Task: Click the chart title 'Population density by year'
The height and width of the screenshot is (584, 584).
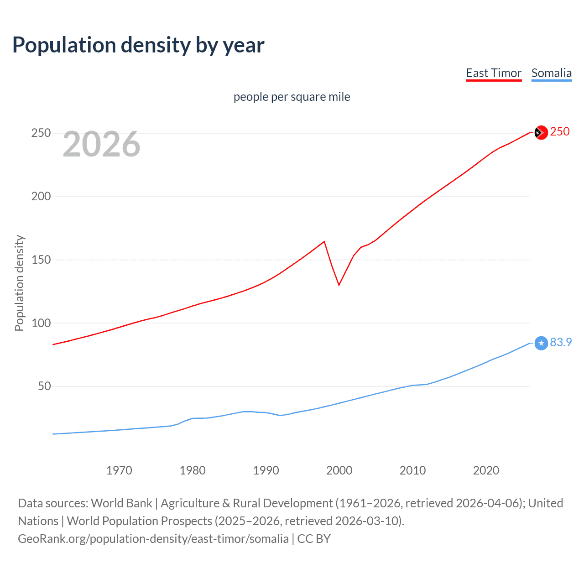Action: pos(138,45)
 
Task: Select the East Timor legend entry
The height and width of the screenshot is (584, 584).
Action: pos(494,73)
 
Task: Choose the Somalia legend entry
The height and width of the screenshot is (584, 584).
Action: pos(551,73)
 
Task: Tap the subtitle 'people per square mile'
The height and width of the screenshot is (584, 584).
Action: pos(292,97)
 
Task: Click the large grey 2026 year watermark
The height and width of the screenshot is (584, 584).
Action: pos(101,144)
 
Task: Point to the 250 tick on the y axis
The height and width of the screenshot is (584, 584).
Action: pos(41,133)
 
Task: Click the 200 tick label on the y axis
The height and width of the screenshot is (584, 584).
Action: pos(41,196)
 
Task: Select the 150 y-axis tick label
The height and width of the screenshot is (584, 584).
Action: pos(41,260)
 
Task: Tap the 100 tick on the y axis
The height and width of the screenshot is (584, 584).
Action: pos(41,323)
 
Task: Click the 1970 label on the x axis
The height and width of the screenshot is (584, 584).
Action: pos(119,470)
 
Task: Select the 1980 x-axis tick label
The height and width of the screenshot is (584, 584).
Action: pos(193,470)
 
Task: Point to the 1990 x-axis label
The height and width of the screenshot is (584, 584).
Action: pos(266,470)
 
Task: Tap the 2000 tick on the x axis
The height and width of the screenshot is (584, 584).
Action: pos(339,470)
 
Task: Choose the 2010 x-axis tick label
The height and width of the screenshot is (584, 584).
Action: pos(412,470)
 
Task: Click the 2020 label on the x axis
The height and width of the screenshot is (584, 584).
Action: pos(486,470)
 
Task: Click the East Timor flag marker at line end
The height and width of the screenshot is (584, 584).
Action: pos(541,132)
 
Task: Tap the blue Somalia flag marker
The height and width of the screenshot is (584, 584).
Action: pos(541,343)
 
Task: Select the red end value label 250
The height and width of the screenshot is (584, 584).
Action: pos(560,131)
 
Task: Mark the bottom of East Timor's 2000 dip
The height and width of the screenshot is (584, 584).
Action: pos(339,285)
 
